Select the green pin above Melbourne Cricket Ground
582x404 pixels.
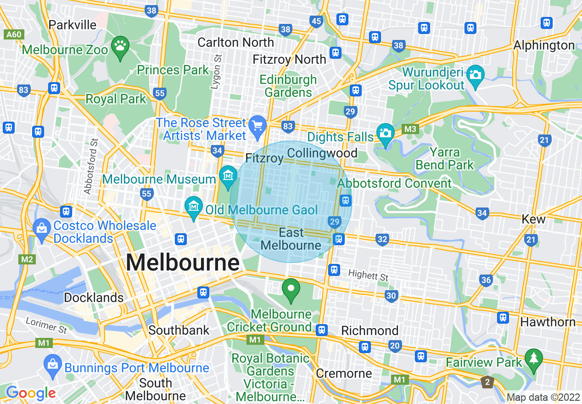pyautogui.click(x=291, y=289)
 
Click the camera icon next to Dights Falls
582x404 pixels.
pyautogui.click(x=385, y=134)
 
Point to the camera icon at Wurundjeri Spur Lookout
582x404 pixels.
pyautogui.click(x=475, y=74)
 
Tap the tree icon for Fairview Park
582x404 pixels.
pyautogui.click(x=533, y=358)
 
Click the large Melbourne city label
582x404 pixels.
pyautogui.click(x=182, y=263)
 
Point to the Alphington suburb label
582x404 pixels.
pyautogui.click(x=544, y=45)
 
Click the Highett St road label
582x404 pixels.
pyautogui.click(x=368, y=276)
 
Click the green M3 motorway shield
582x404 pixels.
pyautogui.click(x=411, y=130)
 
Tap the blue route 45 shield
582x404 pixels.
pyautogui.click(x=316, y=21)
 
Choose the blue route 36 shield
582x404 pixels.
pyautogui.click(x=486, y=280)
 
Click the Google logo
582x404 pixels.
pyautogui.click(x=30, y=393)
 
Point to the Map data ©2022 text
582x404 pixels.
pyautogui.click(x=543, y=397)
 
